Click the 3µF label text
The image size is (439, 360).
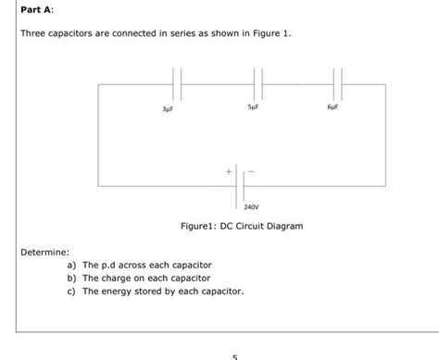[x=168, y=109]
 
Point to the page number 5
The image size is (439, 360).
[x=235, y=355]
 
